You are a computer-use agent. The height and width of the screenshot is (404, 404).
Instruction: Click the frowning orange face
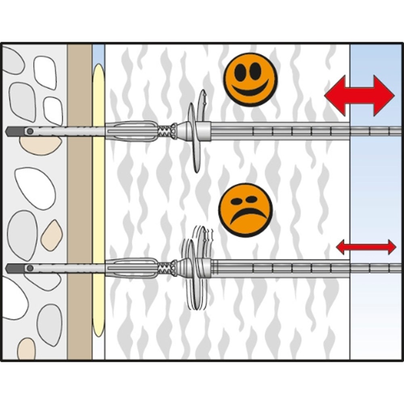pyautogui.click(x=246, y=210)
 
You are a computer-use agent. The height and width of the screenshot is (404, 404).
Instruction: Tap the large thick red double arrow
pyautogui.click(x=359, y=96)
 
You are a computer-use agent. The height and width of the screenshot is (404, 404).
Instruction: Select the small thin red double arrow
pyautogui.click(x=366, y=246)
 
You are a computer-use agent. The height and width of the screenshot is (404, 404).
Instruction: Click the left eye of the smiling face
pyautogui.click(x=240, y=72)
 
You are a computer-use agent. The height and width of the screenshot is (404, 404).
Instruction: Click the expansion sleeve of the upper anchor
pyautogui.click(x=131, y=131)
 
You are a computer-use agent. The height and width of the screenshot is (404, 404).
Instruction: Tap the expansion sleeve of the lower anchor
pyautogui.click(x=131, y=268)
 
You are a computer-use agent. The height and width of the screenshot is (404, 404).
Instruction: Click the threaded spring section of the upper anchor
pyautogui.click(x=165, y=131)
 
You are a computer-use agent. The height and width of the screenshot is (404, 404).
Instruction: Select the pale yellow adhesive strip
pyautogui.click(x=98, y=202)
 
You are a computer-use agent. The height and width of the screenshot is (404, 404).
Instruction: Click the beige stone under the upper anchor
pyautogui.click(x=40, y=145)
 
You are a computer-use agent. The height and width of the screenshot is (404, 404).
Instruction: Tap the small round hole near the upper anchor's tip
pyautogui.click(x=29, y=131)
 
